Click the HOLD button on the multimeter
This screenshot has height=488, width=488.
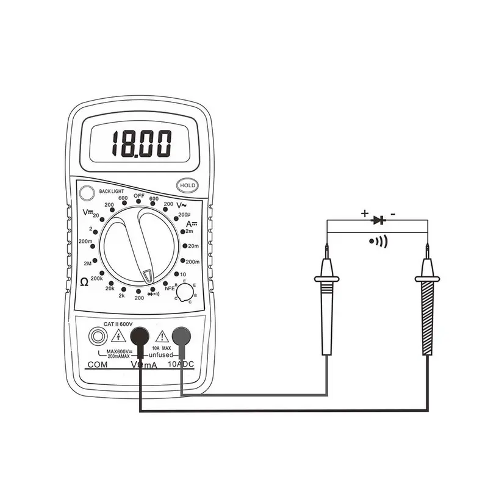[x=186, y=185]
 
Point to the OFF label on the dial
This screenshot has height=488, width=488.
[x=138, y=196]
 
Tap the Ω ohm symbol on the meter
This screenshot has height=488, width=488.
[x=84, y=281]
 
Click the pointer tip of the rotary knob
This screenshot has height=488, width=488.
[x=148, y=275]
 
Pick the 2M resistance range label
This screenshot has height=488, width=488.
[x=87, y=263]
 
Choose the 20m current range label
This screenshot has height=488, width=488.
[x=193, y=246]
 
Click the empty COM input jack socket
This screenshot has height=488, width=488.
[x=96, y=335]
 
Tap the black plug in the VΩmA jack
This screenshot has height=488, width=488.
[x=140, y=335]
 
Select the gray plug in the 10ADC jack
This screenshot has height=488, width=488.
[x=182, y=335]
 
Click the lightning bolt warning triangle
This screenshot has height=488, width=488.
[x=118, y=335]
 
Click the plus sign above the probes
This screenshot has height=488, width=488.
[x=365, y=213]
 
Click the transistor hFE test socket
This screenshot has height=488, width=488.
[x=183, y=293]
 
